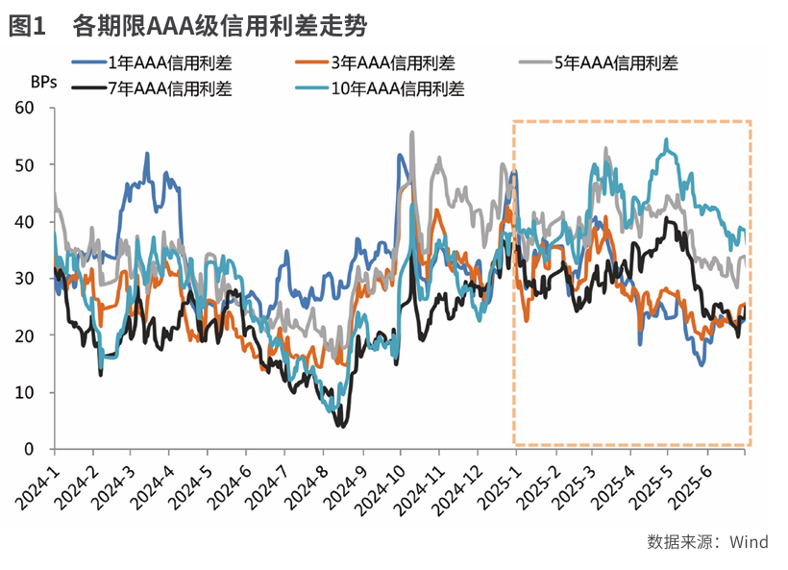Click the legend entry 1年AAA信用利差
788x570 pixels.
(169, 64)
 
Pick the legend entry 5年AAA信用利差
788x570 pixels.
(616, 64)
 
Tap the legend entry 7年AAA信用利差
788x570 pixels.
(169, 89)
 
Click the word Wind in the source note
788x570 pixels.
(749, 542)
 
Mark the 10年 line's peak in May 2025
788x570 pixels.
(667, 140)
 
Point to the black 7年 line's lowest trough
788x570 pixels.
(340, 425)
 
